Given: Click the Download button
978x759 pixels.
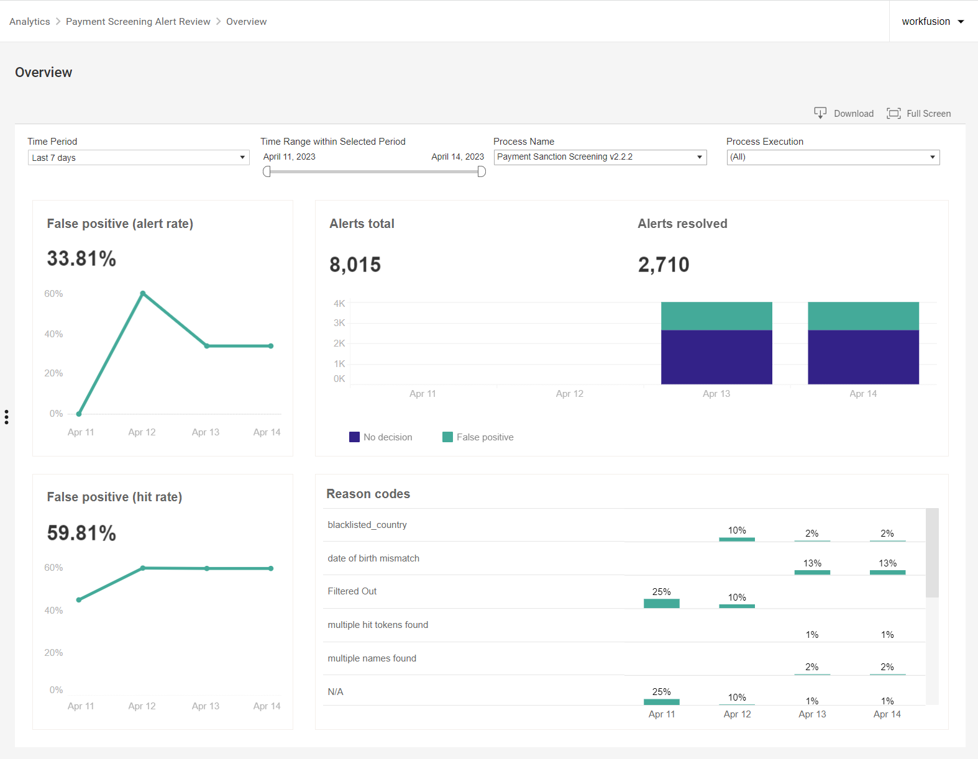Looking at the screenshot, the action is [844, 114].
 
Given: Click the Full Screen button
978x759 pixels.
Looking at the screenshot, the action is [918, 114].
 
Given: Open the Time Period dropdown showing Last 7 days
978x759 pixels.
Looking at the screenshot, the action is [139, 158].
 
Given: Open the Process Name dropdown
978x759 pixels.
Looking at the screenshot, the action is [600, 157].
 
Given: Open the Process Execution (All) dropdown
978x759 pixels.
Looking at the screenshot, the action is [833, 157].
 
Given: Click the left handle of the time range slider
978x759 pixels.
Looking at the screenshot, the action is [267, 171].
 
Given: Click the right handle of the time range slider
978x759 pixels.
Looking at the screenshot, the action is [482, 171].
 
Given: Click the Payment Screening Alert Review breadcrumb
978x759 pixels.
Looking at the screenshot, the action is [138, 22].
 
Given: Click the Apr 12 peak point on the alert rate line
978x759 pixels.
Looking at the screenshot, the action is [143, 293].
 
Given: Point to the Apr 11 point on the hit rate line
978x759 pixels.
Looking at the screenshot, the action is [79, 600].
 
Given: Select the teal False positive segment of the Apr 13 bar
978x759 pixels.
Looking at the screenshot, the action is [716, 316].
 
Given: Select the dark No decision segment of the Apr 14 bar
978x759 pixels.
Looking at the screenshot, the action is [863, 357].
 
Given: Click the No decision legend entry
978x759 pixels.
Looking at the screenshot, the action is [381, 437].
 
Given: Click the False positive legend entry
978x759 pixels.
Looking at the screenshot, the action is [478, 437].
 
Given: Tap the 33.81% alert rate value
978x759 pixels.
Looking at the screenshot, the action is [81, 259].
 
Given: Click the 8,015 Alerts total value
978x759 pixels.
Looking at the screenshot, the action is [355, 265].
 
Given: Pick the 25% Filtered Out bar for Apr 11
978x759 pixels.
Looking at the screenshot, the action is [662, 603].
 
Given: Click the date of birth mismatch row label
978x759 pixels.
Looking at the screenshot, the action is [373, 558].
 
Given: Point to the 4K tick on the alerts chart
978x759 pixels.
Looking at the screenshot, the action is [339, 303].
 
